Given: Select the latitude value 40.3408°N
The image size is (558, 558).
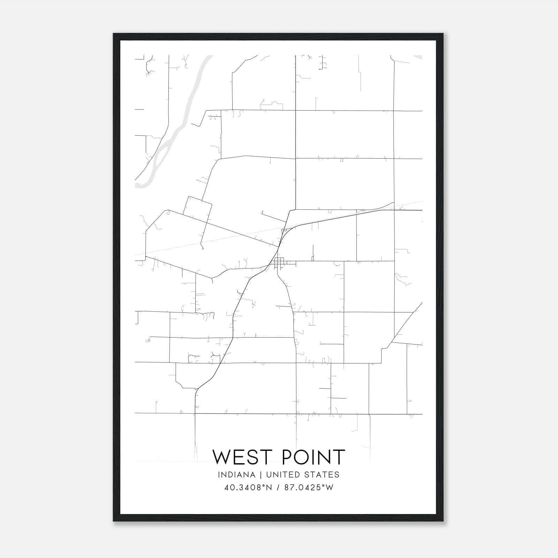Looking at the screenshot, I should click(x=248, y=488).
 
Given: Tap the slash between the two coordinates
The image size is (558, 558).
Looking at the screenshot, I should click(x=278, y=488).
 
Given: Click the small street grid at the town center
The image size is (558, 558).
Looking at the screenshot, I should click(x=279, y=262).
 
